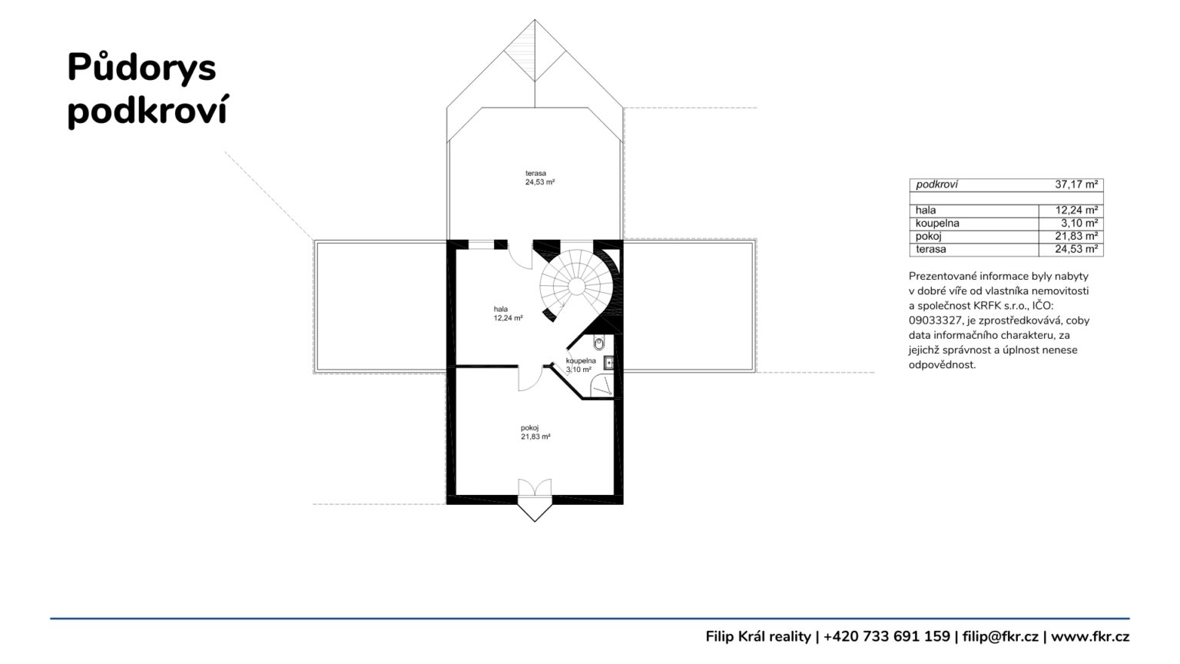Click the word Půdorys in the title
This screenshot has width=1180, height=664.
coord(141,68)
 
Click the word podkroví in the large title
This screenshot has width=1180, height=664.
coord(148,111)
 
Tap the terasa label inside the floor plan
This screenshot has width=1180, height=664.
coord(535,173)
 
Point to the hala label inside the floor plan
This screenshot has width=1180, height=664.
coord(500,309)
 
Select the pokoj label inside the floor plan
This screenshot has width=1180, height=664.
coord(529,428)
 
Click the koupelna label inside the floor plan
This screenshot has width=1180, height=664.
coord(581,360)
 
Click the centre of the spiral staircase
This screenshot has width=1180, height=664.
coord(577,287)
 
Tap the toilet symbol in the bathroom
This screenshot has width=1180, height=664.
coord(599,343)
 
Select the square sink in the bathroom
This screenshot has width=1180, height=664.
coord(609,363)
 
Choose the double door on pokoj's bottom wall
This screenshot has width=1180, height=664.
coord(535,487)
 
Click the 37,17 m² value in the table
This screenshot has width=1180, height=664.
coord(1076,184)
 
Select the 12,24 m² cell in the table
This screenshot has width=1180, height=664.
coord(1076,211)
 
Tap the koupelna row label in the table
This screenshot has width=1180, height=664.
coord(937,224)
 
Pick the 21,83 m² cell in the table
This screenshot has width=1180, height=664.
coord(1076,236)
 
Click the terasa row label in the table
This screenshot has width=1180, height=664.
coord(931,249)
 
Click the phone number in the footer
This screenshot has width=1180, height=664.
coord(887,636)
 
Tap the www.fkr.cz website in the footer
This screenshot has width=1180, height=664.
coord(1090,636)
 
